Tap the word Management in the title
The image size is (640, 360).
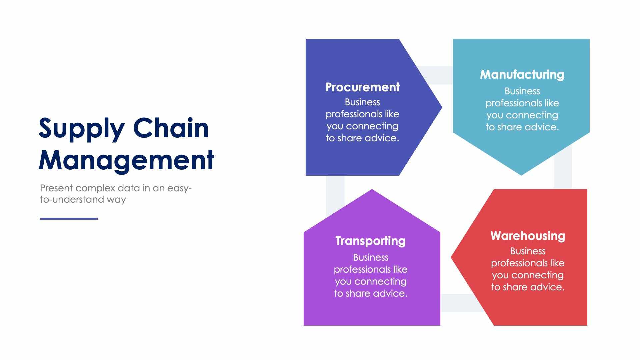(x=126, y=160)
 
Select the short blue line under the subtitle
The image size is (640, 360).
(x=69, y=219)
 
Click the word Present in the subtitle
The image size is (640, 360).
(x=56, y=188)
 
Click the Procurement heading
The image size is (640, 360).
(x=362, y=87)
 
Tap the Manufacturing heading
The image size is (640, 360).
(x=522, y=75)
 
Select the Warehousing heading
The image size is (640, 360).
(x=528, y=236)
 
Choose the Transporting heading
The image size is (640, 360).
(x=370, y=241)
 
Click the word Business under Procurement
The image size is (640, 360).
(x=362, y=102)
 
